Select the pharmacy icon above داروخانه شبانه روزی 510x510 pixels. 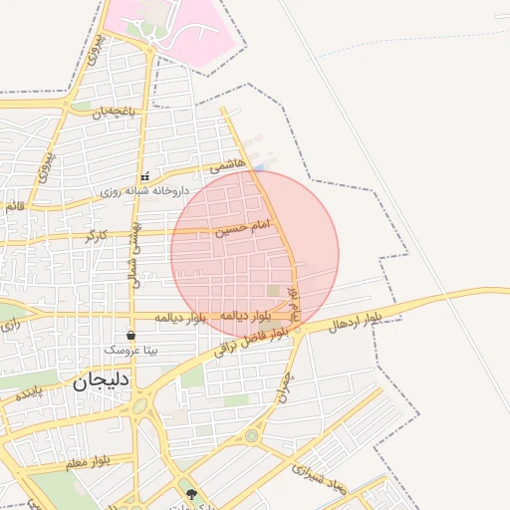[144, 176]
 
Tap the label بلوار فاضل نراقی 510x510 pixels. [256, 342]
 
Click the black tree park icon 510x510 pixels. [191, 492]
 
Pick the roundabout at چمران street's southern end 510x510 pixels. [251, 434]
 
